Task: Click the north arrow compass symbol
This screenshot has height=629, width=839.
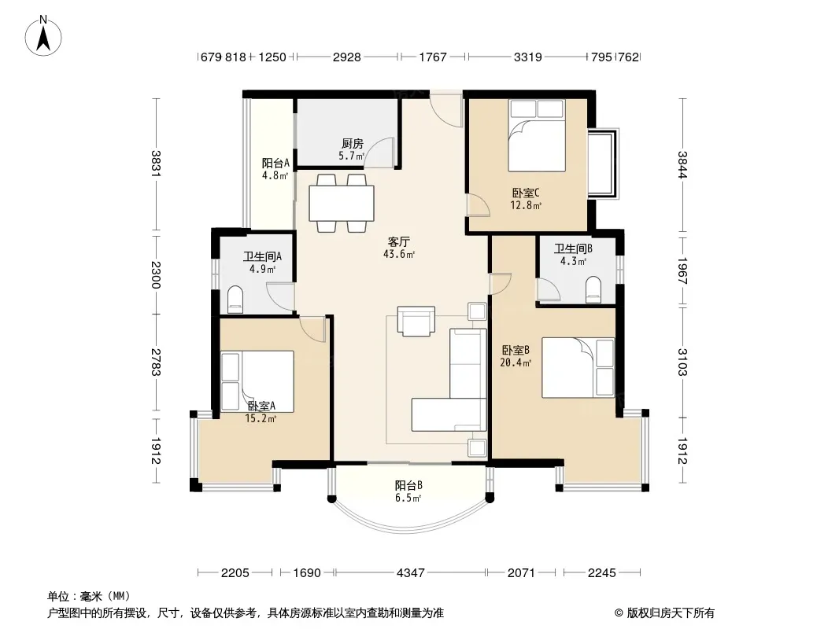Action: click(x=43, y=35)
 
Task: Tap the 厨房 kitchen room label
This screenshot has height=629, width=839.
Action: click(x=352, y=143)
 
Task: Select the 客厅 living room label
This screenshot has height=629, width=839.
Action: click(x=399, y=241)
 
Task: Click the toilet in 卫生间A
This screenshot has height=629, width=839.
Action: click(x=235, y=300)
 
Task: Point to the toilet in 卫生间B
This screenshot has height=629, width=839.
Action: click(x=593, y=289)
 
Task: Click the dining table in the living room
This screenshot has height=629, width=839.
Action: click(x=342, y=203)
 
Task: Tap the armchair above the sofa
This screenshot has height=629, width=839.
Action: click(x=416, y=321)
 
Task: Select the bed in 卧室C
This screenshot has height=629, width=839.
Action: click(x=537, y=136)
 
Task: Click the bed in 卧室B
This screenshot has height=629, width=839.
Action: click(x=578, y=367)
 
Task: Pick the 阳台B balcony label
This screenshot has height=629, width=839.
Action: click(x=408, y=485)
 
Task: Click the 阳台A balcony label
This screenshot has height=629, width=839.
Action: click(x=275, y=163)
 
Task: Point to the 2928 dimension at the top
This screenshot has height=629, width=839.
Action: click(x=347, y=57)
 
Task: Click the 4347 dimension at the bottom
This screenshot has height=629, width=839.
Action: click(x=410, y=573)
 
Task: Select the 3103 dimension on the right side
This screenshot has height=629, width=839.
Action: click(x=682, y=362)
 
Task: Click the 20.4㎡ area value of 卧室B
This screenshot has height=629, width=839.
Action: click(x=516, y=363)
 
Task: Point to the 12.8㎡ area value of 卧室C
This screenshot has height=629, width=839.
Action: click(x=526, y=205)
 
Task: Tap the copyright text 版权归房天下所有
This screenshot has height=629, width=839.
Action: click(x=671, y=613)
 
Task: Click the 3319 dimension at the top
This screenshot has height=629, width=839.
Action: click(x=528, y=57)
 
